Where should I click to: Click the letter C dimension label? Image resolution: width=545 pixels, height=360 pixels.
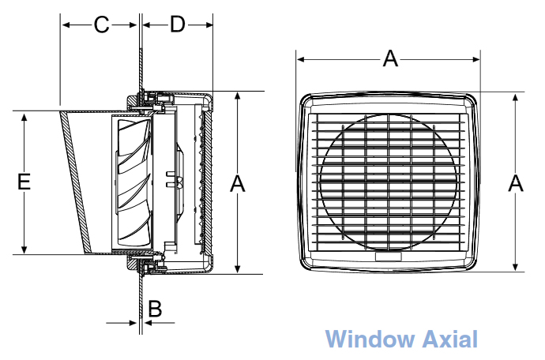(x=101, y=25)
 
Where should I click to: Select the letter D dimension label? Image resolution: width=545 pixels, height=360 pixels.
(x=177, y=25)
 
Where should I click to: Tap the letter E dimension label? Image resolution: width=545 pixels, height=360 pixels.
(x=24, y=182)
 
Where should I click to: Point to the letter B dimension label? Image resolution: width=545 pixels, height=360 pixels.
(x=155, y=309)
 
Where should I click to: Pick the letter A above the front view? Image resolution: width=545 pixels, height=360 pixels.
(x=390, y=58)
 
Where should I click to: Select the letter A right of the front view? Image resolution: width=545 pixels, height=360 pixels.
(x=516, y=184)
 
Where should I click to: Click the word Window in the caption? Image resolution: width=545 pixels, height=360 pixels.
(x=370, y=339)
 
